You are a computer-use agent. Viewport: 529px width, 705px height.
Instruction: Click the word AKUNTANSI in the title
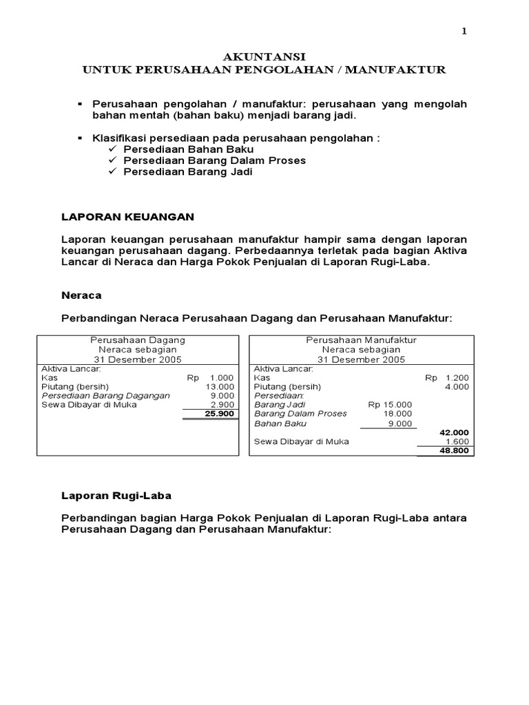point(264,56)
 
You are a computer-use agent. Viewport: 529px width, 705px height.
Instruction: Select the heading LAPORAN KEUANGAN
point(128,217)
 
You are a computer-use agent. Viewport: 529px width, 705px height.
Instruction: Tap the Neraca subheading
point(81,295)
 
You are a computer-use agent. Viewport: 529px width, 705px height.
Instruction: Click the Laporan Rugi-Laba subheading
point(116,495)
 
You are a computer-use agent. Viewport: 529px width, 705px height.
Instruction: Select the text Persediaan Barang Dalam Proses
point(214,160)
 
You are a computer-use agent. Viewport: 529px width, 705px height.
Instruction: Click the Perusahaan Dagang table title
point(138,340)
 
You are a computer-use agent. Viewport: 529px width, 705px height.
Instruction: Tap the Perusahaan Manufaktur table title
point(361,340)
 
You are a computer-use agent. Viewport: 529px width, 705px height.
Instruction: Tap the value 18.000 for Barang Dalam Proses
point(399,414)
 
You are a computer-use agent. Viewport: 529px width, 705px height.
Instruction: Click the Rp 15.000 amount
point(391,405)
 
